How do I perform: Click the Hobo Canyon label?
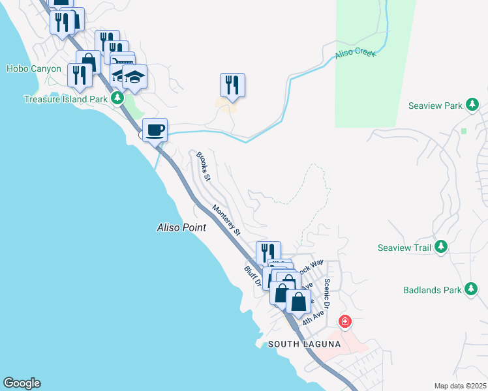[x=34, y=68]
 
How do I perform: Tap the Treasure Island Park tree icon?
[x=117, y=98]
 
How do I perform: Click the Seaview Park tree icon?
[x=472, y=105]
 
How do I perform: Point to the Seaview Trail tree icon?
[x=442, y=247]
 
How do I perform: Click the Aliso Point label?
[x=181, y=227]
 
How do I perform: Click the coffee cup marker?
[x=155, y=130]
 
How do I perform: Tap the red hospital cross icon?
[x=345, y=322]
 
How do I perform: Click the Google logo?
[x=22, y=383]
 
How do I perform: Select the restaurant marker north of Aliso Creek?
[x=232, y=84]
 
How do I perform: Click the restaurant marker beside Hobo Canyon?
[x=80, y=75]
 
